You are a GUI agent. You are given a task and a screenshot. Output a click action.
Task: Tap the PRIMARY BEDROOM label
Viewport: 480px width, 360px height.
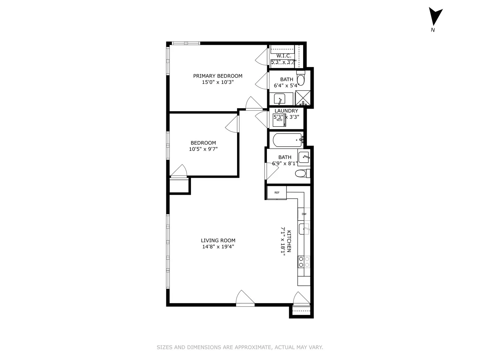pos(218,76)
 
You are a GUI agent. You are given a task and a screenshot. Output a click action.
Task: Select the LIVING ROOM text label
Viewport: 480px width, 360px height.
pos(218,241)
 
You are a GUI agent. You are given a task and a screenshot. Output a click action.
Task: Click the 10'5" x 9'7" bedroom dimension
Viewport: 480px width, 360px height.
pos(203,149)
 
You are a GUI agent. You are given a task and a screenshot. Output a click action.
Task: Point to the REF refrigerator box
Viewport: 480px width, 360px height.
pos(277,192)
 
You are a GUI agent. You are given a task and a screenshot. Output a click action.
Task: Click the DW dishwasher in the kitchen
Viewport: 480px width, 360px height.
pos(304,214)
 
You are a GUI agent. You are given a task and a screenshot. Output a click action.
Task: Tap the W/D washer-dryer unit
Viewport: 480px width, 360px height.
pos(279,120)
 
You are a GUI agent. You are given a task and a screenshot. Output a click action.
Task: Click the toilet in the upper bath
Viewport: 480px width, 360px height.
pos(301,80)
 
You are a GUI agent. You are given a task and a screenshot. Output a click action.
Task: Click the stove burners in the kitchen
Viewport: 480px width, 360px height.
pos(304,261)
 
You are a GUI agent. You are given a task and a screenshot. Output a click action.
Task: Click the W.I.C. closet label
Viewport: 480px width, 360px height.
pos(284,56)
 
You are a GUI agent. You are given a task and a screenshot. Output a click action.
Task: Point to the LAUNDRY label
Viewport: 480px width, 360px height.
pos(286,111)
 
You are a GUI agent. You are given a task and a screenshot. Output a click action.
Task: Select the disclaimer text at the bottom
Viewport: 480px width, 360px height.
pos(240,347)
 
